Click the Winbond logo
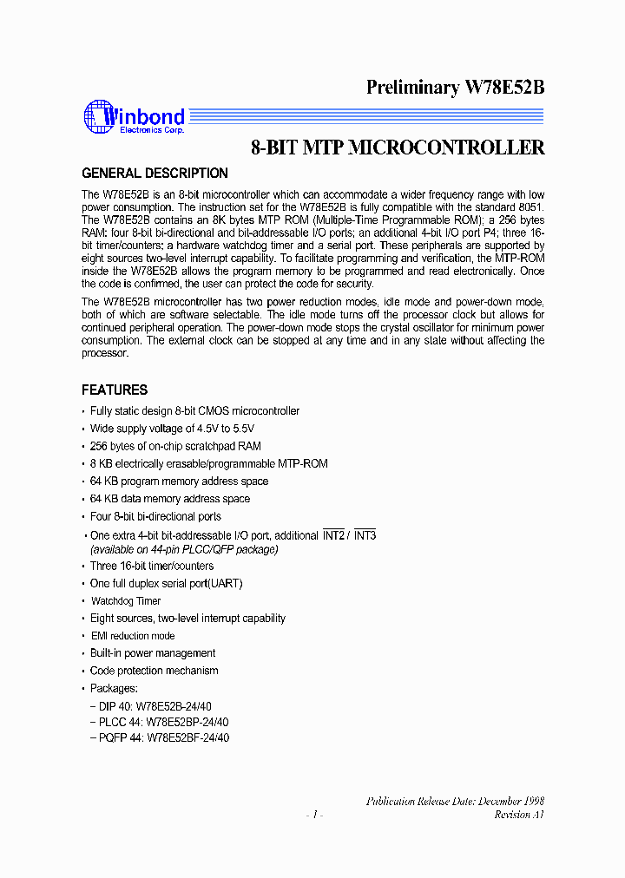click(x=134, y=118)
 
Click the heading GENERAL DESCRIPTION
click(x=155, y=173)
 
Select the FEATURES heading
click(x=115, y=390)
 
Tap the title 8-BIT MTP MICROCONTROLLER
click(x=398, y=147)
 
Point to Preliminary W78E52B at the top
click(x=455, y=87)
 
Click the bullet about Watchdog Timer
click(x=126, y=600)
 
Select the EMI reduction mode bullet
click(x=132, y=636)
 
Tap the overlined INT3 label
click(x=365, y=535)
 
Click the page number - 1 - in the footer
click(x=314, y=815)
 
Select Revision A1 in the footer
click(x=519, y=815)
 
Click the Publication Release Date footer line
click(x=455, y=801)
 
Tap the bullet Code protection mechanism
click(x=154, y=671)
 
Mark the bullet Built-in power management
click(x=153, y=653)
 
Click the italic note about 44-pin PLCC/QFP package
click(x=184, y=549)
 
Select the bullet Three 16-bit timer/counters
click(x=152, y=566)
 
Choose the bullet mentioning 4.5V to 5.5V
click(x=172, y=429)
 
